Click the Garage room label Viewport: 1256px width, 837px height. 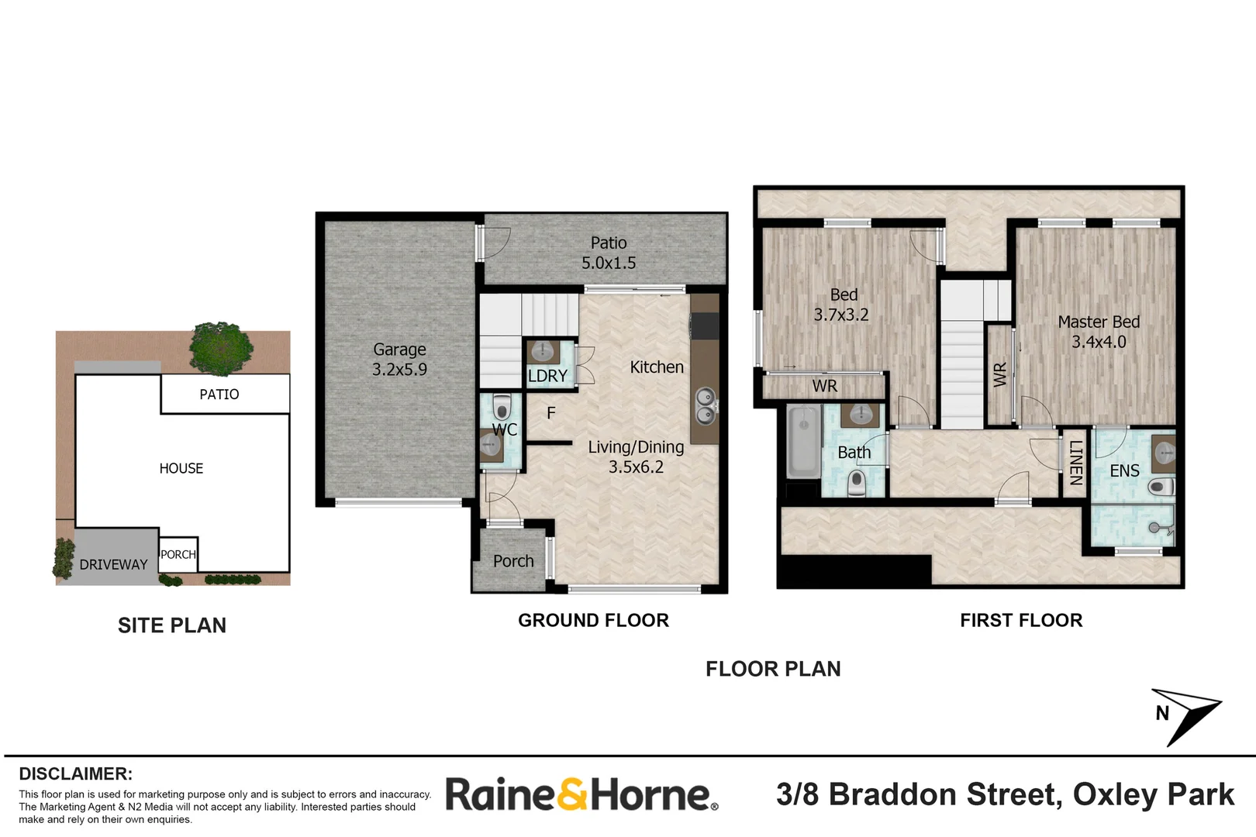click(x=399, y=350)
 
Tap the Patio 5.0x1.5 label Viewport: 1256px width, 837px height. click(x=609, y=253)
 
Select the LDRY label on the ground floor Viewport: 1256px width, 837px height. click(x=547, y=376)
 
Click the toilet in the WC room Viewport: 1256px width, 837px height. click(x=502, y=408)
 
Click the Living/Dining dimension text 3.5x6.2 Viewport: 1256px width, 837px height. click(x=636, y=467)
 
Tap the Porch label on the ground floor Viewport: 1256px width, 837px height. click(x=513, y=561)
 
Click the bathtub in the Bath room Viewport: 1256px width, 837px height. click(x=803, y=443)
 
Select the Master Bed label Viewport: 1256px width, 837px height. click(x=1099, y=322)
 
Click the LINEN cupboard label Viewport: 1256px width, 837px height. click(x=1075, y=463)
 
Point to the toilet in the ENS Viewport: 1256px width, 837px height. click(x=1161, y=487)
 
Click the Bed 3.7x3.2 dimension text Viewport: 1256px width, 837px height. click(x=841, y=315)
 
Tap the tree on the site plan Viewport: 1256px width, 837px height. click(x=221, y=348)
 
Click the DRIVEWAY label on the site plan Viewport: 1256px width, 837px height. click(x=113, y=565)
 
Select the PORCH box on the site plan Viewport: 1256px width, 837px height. click(x=178, y=555)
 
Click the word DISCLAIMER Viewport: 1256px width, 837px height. click(x=75, y=773)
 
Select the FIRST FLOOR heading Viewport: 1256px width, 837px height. click(x=1021, y=620)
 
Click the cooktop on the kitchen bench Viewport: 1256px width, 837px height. click(x=705, y=325)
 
